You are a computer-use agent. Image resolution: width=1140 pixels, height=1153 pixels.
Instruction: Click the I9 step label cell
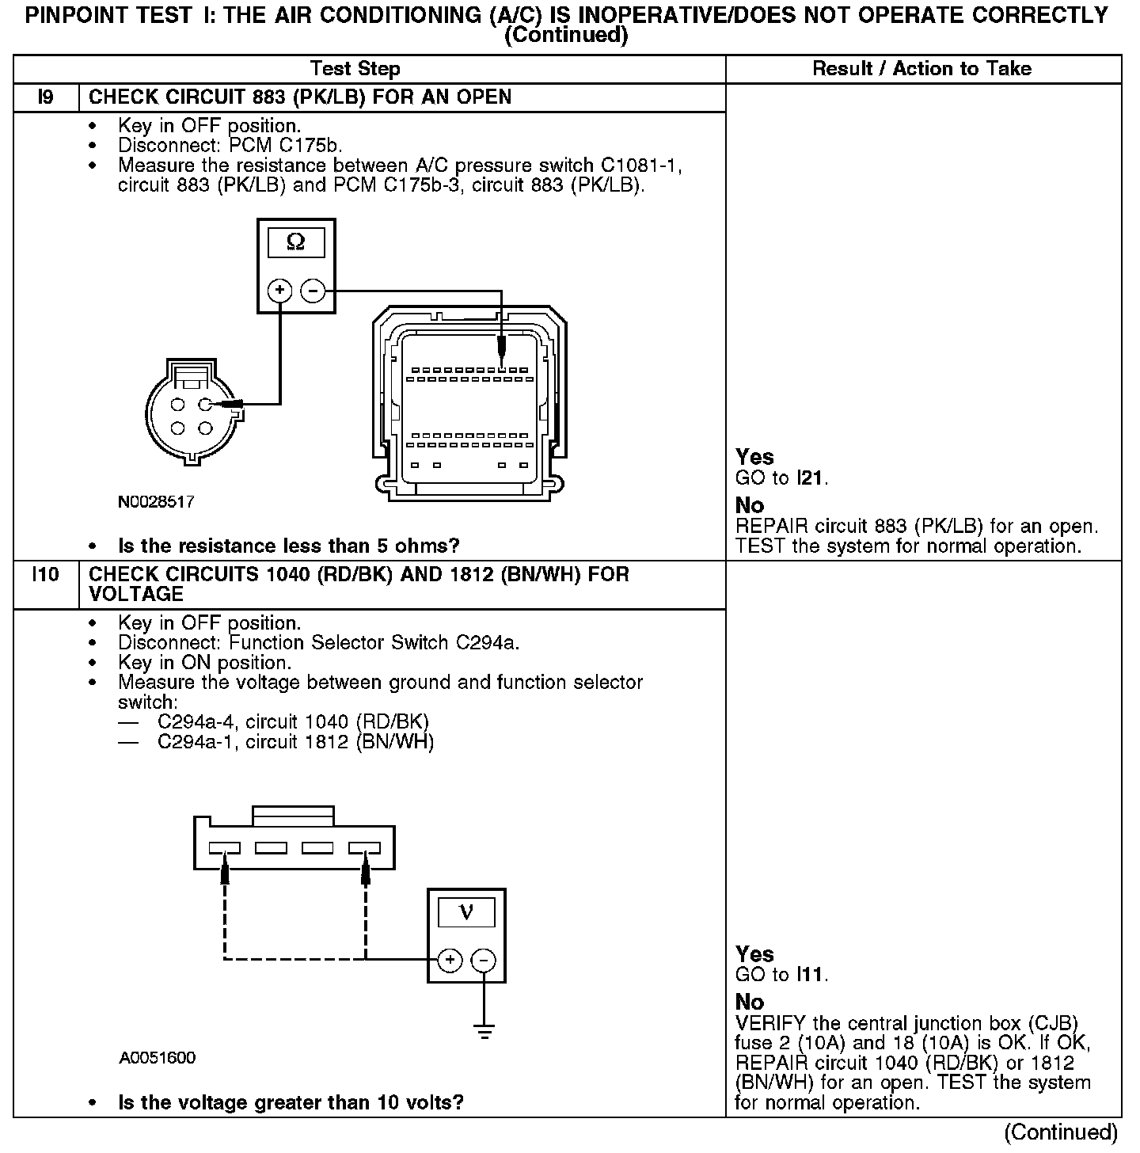[x=46, y=97]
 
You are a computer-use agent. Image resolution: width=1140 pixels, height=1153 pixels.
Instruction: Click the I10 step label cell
[x=46, y=574]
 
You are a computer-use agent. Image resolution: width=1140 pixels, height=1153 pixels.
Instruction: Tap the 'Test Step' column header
[x=355, y=69]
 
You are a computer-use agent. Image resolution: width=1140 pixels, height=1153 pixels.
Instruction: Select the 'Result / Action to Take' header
[x=922, y=69]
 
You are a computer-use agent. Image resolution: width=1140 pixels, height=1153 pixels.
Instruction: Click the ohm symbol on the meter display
[x=295, y=242]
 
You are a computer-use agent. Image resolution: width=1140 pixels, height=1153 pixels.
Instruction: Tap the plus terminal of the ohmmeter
[x=279, y=291]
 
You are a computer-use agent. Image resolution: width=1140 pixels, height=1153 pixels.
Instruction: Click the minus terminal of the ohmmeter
[x=313, y=291]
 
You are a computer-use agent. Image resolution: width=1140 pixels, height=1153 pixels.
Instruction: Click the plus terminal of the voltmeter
[x=450, y=961]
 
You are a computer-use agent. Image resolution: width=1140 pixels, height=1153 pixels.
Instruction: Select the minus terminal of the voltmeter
[x=483, y=961]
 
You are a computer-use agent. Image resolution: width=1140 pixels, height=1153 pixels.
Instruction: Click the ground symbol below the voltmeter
[x=484, y=1030]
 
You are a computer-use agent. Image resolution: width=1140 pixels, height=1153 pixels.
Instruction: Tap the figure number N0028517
[x=156, y=502]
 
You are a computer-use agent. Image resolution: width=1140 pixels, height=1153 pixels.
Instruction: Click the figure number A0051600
[x=158, y=1058]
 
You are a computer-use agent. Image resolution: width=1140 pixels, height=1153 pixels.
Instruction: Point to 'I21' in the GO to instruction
[x=811, y=478]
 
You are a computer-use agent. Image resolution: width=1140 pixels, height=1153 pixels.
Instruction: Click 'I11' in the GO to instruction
[x=811, y=975]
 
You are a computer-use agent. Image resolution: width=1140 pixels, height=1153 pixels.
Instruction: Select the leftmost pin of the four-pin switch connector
[x=225, y=848]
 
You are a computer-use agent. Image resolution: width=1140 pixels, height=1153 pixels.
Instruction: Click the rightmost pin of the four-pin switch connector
[x=364, y=848]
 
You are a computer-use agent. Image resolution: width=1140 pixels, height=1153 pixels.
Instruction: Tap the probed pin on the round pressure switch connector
[x=206, y=405]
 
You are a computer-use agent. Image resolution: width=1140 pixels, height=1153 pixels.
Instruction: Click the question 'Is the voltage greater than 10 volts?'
[x=291, y=1102]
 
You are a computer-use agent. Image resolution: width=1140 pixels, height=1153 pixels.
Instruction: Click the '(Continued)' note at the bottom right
[x=1061, y=1133]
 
